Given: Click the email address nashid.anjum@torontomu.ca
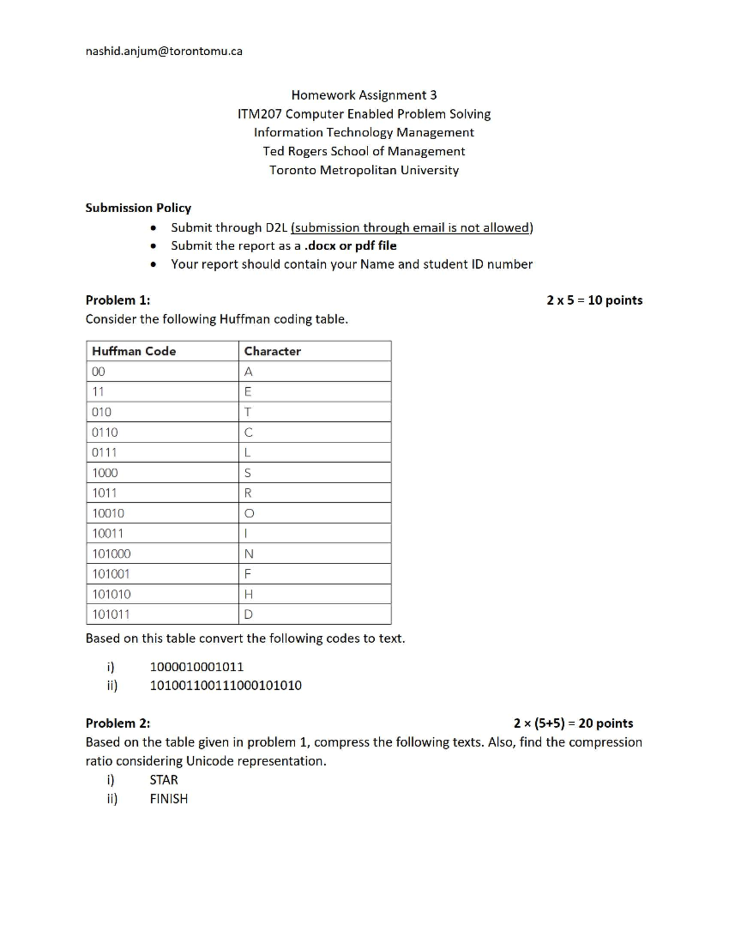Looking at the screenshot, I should pyautogui.click(x=163, y=51).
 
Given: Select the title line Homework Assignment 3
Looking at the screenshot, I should pyautogui.click(x=364, y=95).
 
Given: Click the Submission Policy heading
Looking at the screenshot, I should pyautogui.click(x=138, y=208).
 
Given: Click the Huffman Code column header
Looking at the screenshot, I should pyautogui.click(x=134, y=351).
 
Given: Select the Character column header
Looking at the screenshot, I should pyautogui.click(x=272, y=351).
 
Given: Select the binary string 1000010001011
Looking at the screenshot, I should pyautogui.click(x=196, y=667).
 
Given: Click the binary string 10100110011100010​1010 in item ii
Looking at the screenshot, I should pyautogui.click(x=225, y=686).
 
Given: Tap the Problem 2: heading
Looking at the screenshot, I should pyautogui.click(x=118, y=723).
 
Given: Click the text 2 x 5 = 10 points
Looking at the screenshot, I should pyautogui.click(x=594, y=300).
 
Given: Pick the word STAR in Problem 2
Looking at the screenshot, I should pyautogui.click(x=163, y=780).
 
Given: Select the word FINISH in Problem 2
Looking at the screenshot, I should pyautogui.click(x=168, y=799).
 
